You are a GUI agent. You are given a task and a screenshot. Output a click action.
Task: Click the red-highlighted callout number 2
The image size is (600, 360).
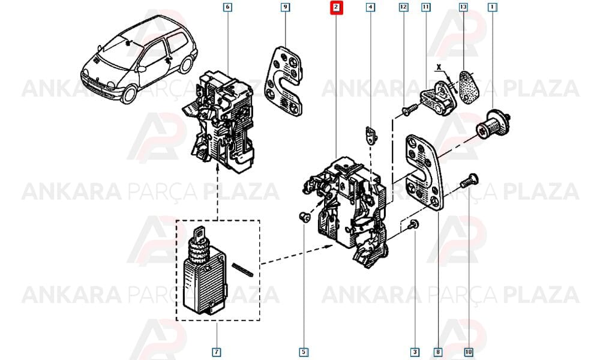336,7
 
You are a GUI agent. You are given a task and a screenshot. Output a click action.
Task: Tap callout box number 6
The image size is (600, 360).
227,7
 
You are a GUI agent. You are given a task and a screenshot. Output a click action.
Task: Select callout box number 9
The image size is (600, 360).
285,7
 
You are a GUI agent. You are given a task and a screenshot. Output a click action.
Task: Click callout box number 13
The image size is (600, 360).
463,7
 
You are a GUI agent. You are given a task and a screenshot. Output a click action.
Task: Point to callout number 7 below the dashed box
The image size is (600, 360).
217,352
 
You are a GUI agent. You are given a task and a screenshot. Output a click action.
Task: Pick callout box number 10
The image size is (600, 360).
469,352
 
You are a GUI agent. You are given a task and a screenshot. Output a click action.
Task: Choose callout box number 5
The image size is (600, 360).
304,352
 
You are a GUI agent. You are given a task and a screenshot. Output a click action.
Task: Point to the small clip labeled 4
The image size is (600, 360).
370,136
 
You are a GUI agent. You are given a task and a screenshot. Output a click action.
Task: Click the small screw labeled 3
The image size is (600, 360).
413,225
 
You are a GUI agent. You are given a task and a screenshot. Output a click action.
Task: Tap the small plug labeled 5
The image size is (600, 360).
304,217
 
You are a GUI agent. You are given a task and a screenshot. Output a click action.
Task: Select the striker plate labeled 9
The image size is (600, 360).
284,81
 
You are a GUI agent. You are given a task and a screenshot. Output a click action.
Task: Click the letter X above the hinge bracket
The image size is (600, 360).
439,67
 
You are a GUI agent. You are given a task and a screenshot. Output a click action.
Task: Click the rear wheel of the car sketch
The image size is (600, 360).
187,64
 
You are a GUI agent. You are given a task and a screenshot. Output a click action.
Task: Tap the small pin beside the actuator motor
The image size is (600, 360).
243,269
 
